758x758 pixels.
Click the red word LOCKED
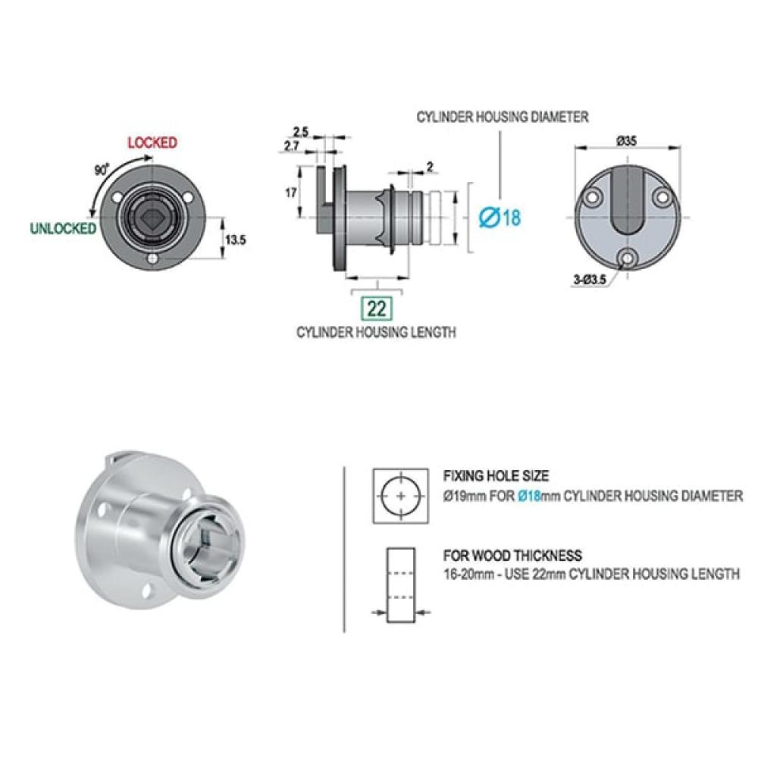(152, 143)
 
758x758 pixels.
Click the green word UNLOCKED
(64, 228)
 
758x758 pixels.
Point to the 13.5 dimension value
(236, 240)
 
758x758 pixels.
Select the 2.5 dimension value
(301, 131)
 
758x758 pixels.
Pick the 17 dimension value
(290, 193)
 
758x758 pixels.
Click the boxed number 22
(377, 308)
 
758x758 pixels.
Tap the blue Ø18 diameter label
(500, 218)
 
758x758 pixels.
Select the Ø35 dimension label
(627, 141)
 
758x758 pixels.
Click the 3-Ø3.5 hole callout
(590, 279)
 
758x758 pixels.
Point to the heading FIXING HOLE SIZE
(496, 476)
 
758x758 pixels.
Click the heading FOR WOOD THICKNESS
(512, 555)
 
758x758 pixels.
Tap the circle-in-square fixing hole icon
(400, 496)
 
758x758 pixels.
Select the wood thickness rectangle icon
(401, 585)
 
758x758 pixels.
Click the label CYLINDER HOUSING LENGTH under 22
(376, 332)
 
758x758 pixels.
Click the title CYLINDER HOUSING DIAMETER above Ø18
(503, 117)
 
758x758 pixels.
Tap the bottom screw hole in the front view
(153, 258)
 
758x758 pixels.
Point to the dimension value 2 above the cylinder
(430, 168)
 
